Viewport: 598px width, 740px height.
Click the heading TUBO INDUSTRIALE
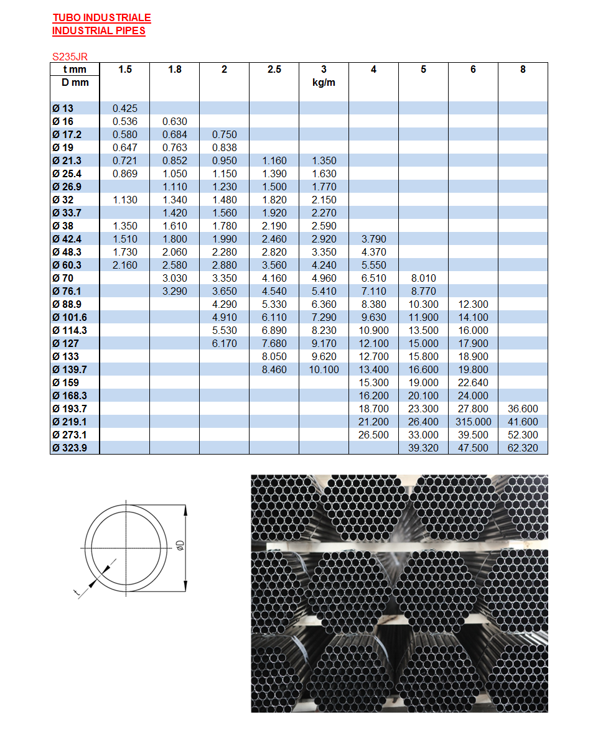click(101, 18)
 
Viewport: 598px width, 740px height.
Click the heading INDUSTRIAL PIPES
click(98, 30)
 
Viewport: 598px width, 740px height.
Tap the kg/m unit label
click(324, 82)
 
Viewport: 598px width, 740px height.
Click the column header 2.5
click(274, 69)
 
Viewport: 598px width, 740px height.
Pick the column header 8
click(523, 69)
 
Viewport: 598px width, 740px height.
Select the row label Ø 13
click(63, 108)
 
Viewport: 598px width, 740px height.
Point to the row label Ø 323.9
click(70, 448)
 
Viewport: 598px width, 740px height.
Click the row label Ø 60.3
click(67, 265)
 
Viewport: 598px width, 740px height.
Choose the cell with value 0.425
click(125, 108)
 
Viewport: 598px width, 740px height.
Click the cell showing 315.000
click(473, 422)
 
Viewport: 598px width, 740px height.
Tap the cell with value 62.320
click(523, 448)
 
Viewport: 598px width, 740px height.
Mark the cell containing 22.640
click(473, 382)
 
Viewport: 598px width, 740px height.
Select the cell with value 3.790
click(373, 239)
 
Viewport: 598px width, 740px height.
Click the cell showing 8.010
click(423, 278)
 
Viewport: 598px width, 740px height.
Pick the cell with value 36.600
click(523, 409)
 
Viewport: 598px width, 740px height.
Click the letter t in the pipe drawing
click(77, 593)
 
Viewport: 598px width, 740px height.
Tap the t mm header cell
click(75, 69)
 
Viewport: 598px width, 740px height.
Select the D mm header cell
click(75, 82)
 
